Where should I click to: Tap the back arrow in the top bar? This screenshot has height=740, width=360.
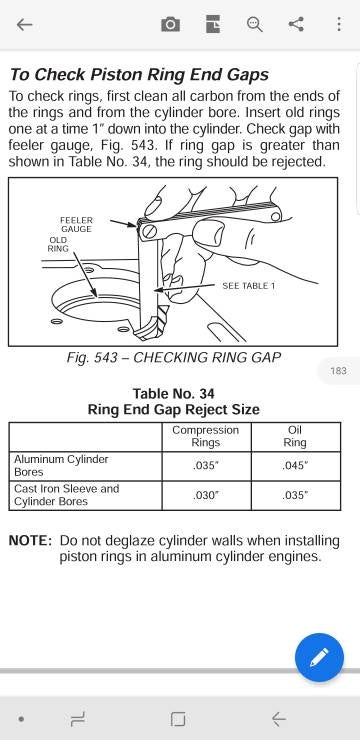coord(25,25)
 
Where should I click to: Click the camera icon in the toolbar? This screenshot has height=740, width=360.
coord(171,25)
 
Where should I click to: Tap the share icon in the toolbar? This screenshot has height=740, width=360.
coord(296,25)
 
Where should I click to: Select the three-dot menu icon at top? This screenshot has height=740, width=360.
coord(337,25)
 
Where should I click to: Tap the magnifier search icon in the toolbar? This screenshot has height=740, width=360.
coord(254,25)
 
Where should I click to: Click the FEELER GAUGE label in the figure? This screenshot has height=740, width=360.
coord(76,224)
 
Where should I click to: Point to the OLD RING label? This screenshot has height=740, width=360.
coord(58,244)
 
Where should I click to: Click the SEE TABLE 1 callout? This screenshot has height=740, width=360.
coord(248,286)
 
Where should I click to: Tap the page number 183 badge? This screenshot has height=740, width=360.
coord(338,371)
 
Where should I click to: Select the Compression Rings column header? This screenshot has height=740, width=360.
coord(206,436)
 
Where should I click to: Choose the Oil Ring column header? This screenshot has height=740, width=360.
coord(295,436)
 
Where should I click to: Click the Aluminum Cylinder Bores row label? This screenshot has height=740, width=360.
coord(61,465)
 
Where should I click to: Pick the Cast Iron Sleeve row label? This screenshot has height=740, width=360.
coord(66,495)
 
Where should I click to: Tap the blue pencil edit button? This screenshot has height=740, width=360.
coord(319,657)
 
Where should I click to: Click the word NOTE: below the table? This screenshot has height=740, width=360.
coord(30,540)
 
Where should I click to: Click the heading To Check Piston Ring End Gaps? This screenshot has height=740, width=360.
coord(139,74)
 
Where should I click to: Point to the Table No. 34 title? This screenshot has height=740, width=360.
coord(173,393)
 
